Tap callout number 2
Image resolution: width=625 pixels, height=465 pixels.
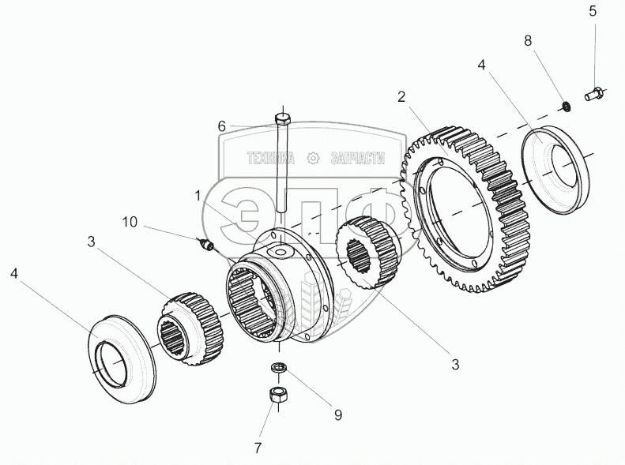point(401,97)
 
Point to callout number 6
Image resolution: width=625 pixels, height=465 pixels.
point(222,126)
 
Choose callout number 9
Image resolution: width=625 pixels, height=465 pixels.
point(337,414)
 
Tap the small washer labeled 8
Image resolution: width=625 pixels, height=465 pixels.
point(567,105)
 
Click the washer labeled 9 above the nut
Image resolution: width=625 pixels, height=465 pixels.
point(279,367)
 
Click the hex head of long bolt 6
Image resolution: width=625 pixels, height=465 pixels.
point(283,121)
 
